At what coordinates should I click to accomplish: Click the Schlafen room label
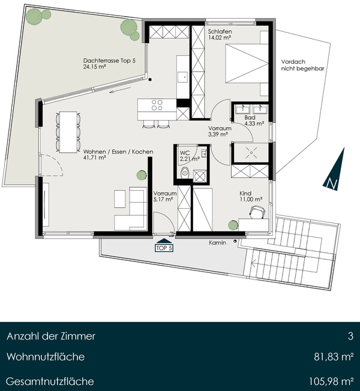pyautogui.click(x=220, y=32)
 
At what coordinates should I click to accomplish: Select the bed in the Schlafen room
pyautogui.click(x=247, y=63)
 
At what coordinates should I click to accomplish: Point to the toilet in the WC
pyautogui.click(x=185, y=172)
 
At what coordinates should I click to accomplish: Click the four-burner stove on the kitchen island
pyautogui.click(x=157, y=105)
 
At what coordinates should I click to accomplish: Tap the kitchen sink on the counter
pyautogui.click(x=182, y=77)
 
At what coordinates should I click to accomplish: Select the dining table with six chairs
pyautogui.click(x=68, y=132)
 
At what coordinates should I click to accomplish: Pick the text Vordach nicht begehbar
pyautogui.click(x=302, y=65)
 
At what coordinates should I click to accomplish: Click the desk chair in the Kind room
pyautogui.click(x=257, y=212)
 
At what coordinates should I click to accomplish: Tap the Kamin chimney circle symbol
pyautogui.click(x=235, y=242)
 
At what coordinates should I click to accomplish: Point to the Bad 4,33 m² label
pyautogui.click(x=254, y=121)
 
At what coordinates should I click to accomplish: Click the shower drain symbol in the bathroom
pyautogui.click(x=251, y=152)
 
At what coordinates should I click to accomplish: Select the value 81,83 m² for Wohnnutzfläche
pyautogui.click(x=334, y=357)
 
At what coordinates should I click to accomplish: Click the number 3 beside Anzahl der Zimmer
pyautogui.click(x=351, y=336)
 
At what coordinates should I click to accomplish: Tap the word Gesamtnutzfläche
pyautogui.click(x=50, y=381)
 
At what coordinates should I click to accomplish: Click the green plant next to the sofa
pyautogui.click(x=142, y=175)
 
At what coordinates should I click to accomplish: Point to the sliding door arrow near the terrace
pyautogui.click(x=120, y=90)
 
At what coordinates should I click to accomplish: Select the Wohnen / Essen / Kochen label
pyautogui.click(x=118, y=152)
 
